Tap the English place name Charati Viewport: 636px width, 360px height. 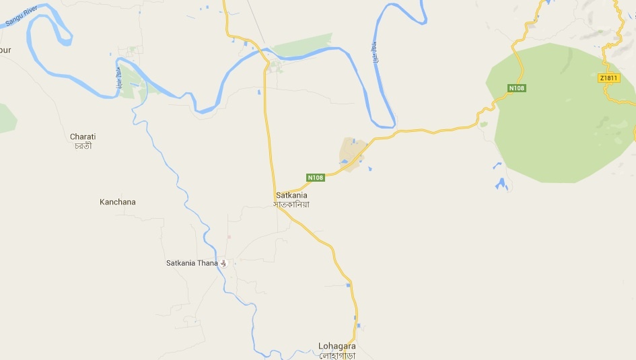(x=83, y=137)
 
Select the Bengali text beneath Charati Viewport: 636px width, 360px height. (x=83, y=145)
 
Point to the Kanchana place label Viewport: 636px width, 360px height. (x=117, y=202)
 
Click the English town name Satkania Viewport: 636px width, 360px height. (x=291, y=196)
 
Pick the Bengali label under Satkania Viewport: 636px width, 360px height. (x=291, y=204)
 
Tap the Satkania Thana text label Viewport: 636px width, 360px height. (x=192, y=263)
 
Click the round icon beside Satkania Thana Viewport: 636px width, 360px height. (x=225, y=263)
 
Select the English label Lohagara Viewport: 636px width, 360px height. (x=337, y=347)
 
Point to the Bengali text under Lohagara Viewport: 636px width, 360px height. (x=337, y=355)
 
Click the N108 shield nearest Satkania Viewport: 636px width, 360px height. (x=316, y=178)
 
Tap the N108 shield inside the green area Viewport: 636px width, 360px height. (x=516, y=88)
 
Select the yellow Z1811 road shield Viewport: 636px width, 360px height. (x=608, y=78)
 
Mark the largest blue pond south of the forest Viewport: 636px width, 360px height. (x=501, y=184)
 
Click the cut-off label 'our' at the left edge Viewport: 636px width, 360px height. (x=5, y=50)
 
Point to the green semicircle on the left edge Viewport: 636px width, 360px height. (x=7, y=118)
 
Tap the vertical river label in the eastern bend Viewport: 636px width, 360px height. (x=375, y=54)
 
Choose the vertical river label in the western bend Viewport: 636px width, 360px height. (x=119, y=80)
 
